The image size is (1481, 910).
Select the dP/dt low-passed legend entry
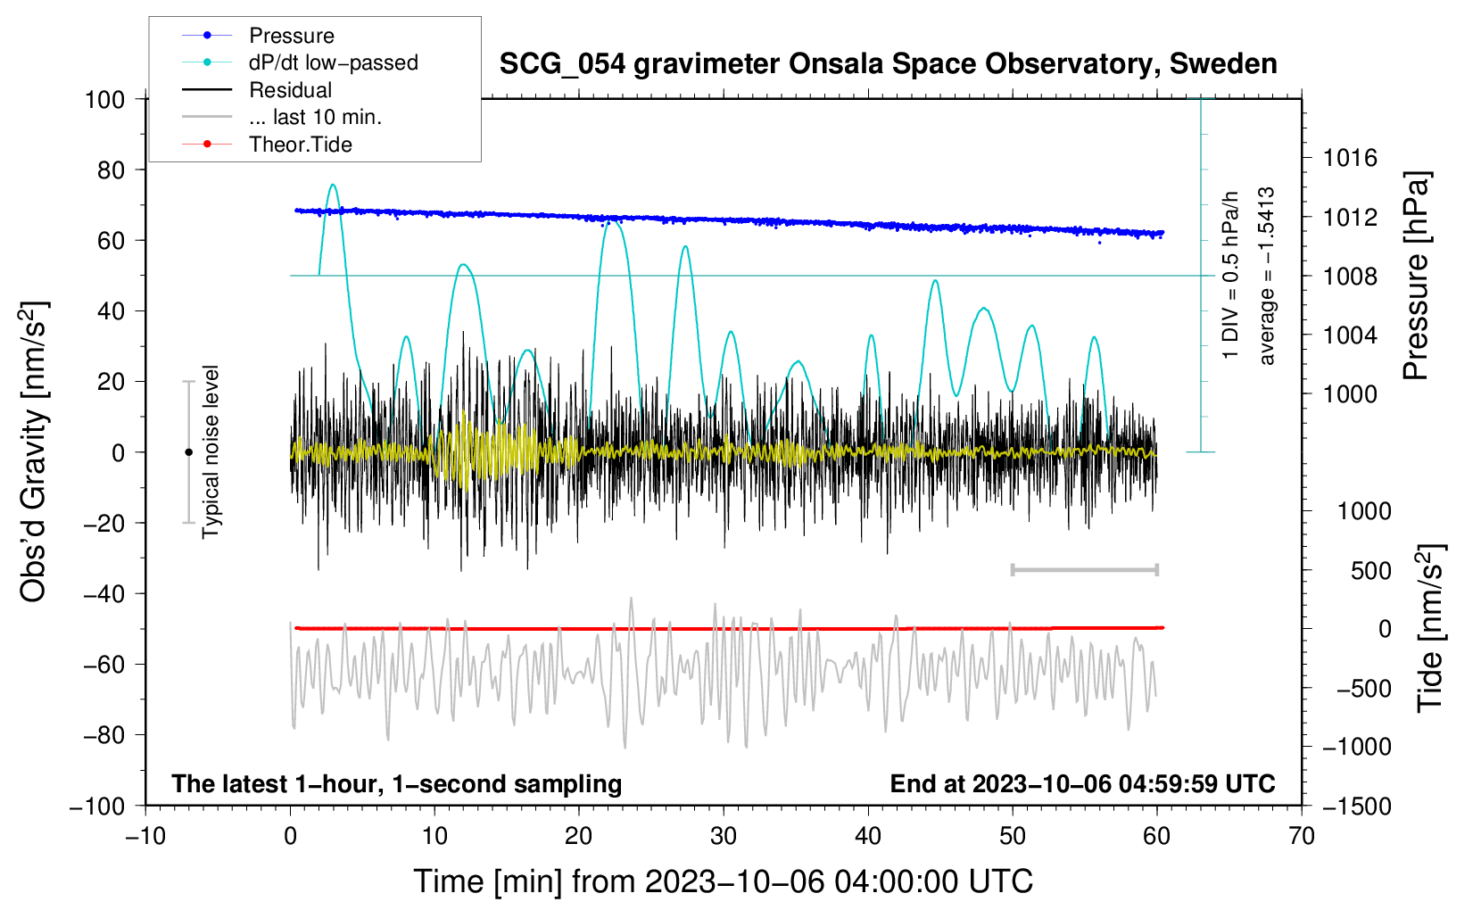tap(333, 62)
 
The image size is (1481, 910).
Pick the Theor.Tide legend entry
tap(300, 145)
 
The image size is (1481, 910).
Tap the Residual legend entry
tap(290, 90)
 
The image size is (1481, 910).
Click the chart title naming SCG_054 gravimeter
tap(888, 64)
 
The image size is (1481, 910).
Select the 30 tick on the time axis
tap(724, 837)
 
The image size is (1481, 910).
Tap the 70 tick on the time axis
tap(1302, 837)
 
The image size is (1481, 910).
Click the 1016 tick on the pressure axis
tap(1350, 158)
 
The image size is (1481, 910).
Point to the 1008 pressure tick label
tap(1350, 277)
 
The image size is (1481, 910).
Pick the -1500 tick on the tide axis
tap(1356, 806)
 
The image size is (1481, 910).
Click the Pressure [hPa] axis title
tap(1417, 277)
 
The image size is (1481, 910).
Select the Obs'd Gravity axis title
tap(34, 452)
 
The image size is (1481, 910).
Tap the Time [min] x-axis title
tap(724, 881)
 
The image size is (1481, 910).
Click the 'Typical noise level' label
tap(211, 452)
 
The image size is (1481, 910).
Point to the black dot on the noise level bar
tap(188, 452)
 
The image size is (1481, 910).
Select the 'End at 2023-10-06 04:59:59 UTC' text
tap(1082, 783)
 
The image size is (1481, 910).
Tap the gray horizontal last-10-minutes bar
tap(1084, 569)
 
